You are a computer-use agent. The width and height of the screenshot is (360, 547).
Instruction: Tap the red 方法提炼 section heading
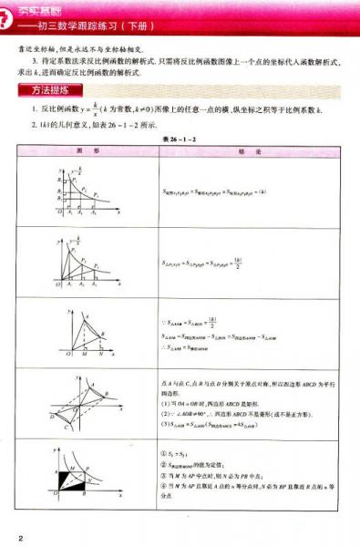coord(50,90)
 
